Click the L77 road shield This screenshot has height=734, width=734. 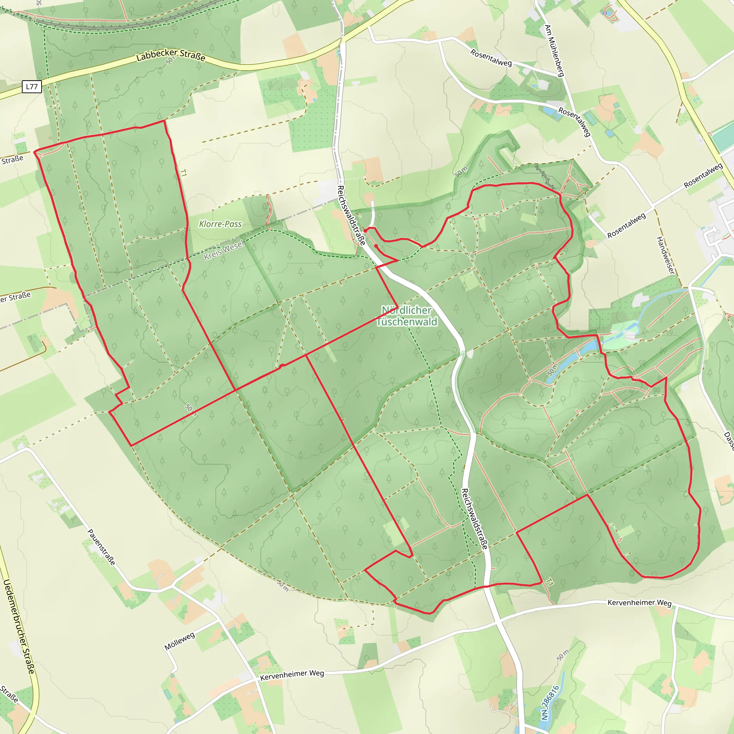click(x=32, y=87)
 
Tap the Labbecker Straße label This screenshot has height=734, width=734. click(x=171, y=56)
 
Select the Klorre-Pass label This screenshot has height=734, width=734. click(x=220, y=224)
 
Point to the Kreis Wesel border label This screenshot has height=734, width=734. click(x=224, y=251)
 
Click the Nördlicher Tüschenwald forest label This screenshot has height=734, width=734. click(x=407, y=316)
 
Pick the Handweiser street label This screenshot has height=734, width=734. click(x=666, y=255)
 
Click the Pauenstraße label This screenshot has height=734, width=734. click(x=101, y=547)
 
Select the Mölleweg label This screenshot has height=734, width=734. click(x=180, y=641)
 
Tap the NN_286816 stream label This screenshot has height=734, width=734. click(x=550, y=703)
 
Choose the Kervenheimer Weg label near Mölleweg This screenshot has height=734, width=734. click(x=292, y=675)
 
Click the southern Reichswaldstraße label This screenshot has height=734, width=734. click(x=474, y=519)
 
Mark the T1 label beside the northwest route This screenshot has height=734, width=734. click(x=183, y=173)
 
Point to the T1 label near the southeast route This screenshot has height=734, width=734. click(x=549, y=582)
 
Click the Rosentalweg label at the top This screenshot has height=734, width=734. click(x=491, y=58)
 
